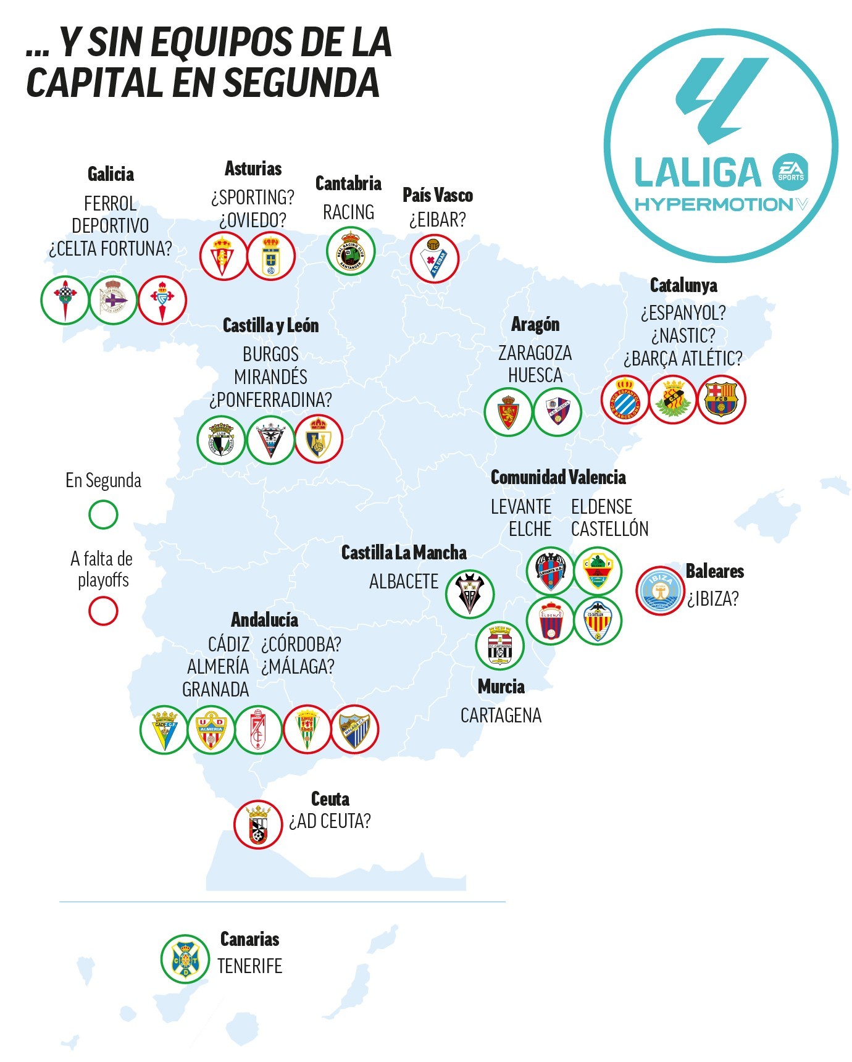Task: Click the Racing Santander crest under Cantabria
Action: point(350,251)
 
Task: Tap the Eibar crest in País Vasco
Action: point(435,258)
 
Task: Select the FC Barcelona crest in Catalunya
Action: point(721,399)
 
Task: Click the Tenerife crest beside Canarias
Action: point(185,959)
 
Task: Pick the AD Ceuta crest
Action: point(258,824)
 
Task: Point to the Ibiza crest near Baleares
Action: point(661,590)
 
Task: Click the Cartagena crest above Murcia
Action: point(499,645)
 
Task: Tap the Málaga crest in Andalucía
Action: point(354,729)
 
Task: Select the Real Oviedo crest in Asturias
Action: point(271,256)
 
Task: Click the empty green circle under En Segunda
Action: point(103,514)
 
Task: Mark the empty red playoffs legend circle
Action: point(103,611)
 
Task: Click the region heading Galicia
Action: point(111,174)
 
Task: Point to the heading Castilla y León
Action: point(270,325)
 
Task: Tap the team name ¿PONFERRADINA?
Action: point(270,400)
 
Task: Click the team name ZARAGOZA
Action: point(535,353)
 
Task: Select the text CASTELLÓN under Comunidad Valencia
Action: point(609,529)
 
